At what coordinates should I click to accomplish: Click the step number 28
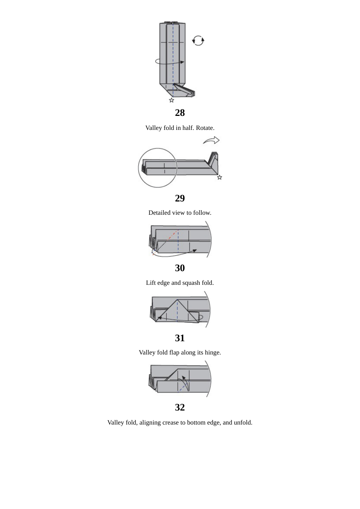(x=180, y=112)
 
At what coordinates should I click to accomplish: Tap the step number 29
(x=180, y=198)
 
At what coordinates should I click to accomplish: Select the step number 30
(x=180, y=268)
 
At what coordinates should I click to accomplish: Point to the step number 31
(x=180, y=338)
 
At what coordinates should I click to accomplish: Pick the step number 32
(x=180, y=407)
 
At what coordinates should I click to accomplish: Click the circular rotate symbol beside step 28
(x=198, y=41)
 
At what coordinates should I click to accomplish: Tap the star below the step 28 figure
(x=172, y=100)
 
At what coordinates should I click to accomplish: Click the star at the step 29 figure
(x=219, y=177)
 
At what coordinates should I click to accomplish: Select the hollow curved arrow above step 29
(x=211, y=141)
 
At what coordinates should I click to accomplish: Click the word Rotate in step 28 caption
(x=205, y=128)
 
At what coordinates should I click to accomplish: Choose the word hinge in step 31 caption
(x=212, y=353)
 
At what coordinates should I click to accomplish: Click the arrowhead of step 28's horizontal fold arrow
(x=182, y=62)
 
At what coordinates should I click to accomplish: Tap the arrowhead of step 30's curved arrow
(x=195, y=250)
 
